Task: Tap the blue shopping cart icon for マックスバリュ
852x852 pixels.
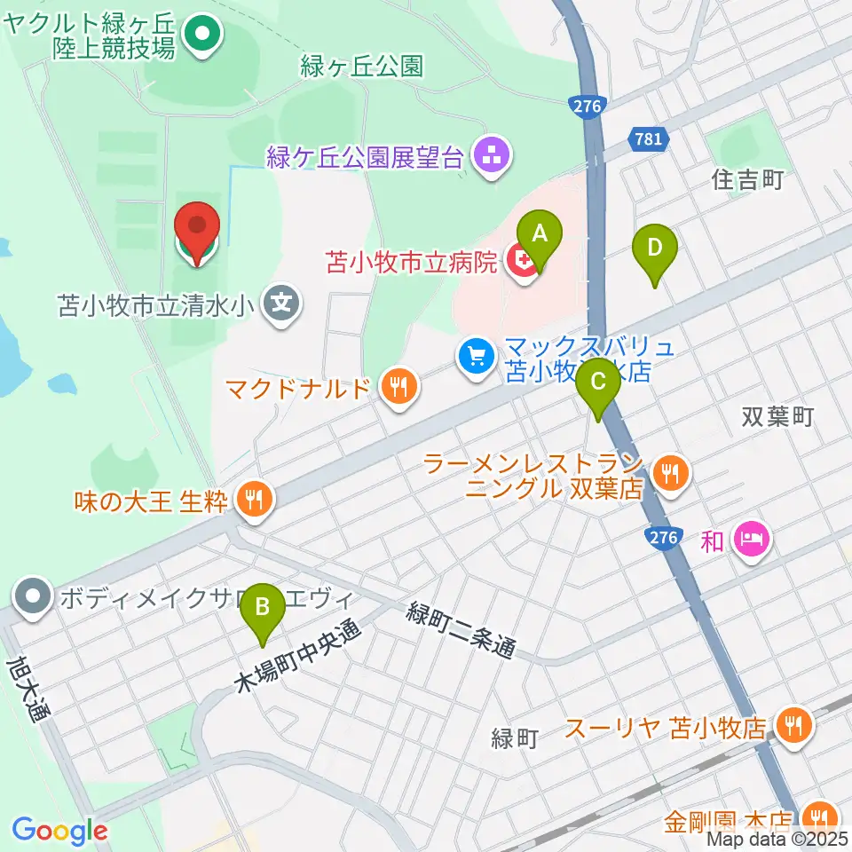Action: pos(477,357)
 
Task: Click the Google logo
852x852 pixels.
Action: pos(59,831)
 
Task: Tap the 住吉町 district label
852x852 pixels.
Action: pos(747,181)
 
